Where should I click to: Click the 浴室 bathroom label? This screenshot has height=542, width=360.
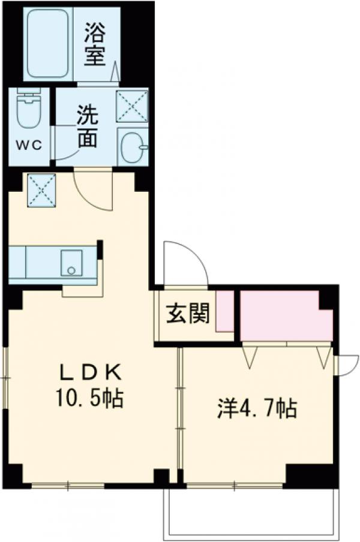coord(95,44)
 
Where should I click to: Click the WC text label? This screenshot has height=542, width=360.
coord(28,146)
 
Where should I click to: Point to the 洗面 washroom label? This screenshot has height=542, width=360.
coord(86,128)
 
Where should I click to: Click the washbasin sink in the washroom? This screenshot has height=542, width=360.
coord(133,146)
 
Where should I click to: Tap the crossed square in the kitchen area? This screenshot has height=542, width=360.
coord(41,190)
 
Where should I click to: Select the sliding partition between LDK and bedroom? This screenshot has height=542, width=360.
coord(179,414)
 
